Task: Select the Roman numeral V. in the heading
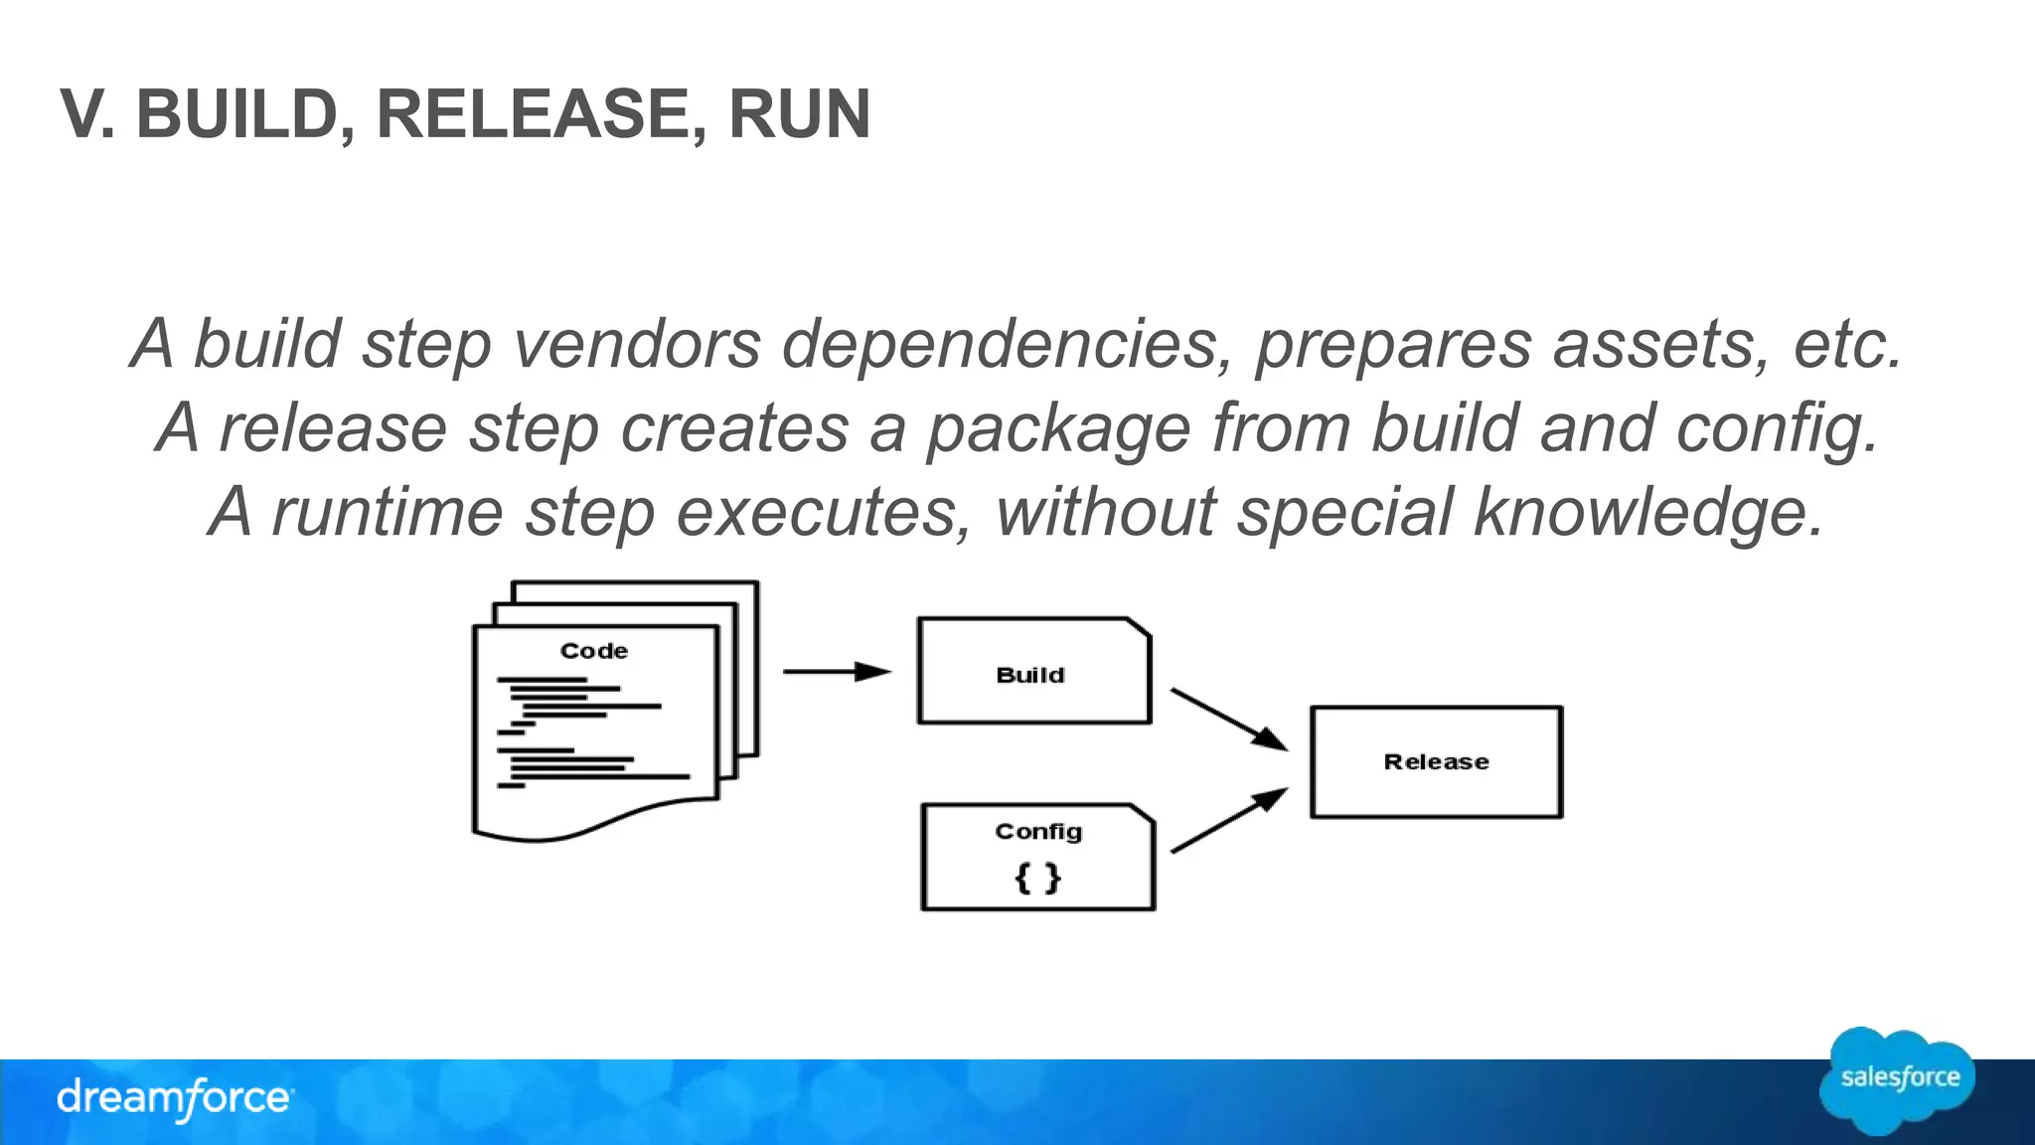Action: coord(87,114)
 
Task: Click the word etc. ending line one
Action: coord(1847,344)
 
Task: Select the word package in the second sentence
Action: coord(1058,429)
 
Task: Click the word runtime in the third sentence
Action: coord(388,513)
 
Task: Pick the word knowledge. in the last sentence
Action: coord(1649,513)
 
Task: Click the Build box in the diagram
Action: coord(1033,672)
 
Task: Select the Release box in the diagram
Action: coord(1436,762)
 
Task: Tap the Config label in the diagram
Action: coord(1038,832)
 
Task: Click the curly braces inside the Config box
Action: coord(1038,878)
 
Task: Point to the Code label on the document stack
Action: coord(594,651)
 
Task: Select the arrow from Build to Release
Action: coord(1228,719)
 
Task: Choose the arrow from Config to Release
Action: coord(1228,821)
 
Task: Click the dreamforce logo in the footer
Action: coord(174,1098)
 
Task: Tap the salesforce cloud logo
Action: coord(1898,1080)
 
